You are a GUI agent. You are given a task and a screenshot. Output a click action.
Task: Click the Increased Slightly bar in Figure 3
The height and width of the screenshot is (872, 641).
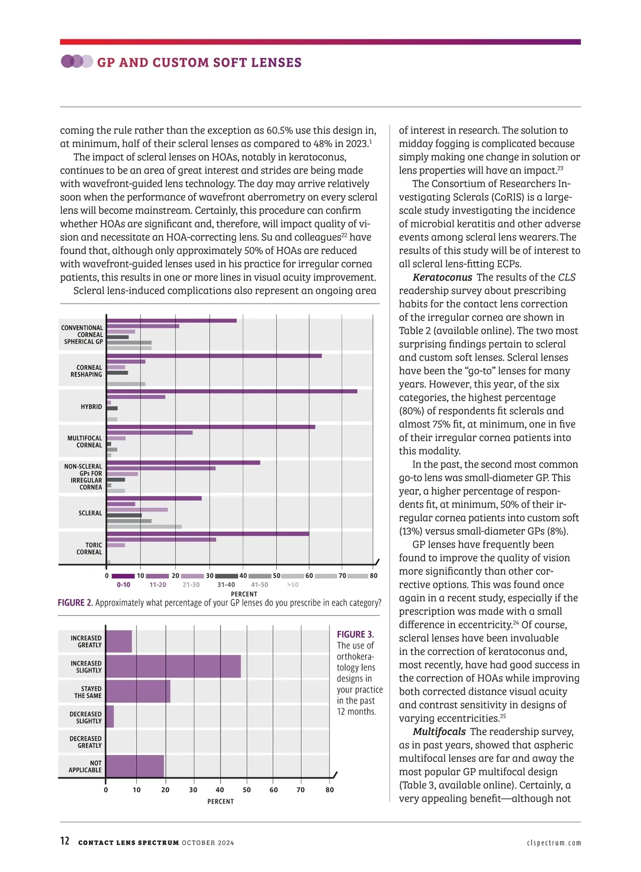tap(174, 666)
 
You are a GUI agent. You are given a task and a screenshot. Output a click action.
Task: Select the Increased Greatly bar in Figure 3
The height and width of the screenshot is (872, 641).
tap(119, 641)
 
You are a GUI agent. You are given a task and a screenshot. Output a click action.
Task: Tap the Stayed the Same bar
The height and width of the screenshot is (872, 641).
tap(138, 691)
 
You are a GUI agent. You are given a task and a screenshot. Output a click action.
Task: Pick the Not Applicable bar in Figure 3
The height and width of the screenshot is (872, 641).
tap(135, 766)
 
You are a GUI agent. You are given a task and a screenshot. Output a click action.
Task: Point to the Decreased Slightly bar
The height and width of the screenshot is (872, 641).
tap(110, 716)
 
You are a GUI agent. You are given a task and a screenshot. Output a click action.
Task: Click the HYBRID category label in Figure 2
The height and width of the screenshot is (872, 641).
tap(91, 407)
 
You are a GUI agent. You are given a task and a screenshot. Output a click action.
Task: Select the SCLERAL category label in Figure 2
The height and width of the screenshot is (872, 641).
tap(90, 513)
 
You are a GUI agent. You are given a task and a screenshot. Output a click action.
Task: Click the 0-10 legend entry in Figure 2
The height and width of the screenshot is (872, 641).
tap(123, 584)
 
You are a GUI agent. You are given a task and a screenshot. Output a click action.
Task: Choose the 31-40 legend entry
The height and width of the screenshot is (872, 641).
tap(226, 584)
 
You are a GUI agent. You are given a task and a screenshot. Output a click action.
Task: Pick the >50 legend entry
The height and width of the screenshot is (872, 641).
tap(293, 584)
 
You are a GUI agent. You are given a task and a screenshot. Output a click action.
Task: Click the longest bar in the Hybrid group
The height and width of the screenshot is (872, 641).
tap(232, 391)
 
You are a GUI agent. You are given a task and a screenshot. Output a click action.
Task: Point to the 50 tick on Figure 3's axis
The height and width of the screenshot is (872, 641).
tap(247, 790)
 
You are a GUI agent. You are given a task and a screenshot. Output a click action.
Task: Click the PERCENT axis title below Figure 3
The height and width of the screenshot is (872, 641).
tap(221, 801)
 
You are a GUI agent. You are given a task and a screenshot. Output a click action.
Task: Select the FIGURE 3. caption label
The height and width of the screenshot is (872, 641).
tap(355, 635)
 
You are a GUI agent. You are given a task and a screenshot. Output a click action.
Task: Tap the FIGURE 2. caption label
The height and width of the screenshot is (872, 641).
tap(75, 603)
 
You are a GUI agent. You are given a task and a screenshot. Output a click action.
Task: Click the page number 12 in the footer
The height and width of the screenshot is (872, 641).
tap(65, 841)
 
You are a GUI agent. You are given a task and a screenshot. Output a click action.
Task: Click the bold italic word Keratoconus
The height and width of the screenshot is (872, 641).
tap(442, 277)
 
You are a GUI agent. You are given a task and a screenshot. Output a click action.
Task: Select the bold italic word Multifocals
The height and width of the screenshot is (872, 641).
tap(439, 732)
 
